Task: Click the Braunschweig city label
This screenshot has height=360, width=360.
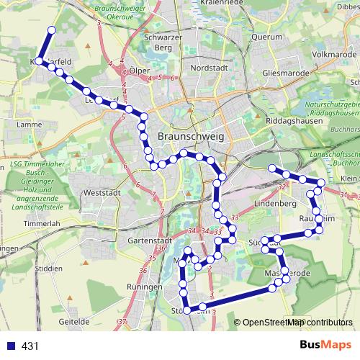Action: [x=191, y=136]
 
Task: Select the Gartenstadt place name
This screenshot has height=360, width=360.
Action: [x=146, y=240]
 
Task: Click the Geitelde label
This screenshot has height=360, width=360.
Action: [x=74, y=323]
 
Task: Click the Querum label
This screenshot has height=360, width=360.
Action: [x=268, y=37]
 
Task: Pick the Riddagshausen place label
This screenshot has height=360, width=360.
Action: [x=291, y=121]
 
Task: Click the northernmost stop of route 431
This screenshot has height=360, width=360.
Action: [x=51, y=30]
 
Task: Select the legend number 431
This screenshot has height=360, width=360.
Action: [x=30, y=346]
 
